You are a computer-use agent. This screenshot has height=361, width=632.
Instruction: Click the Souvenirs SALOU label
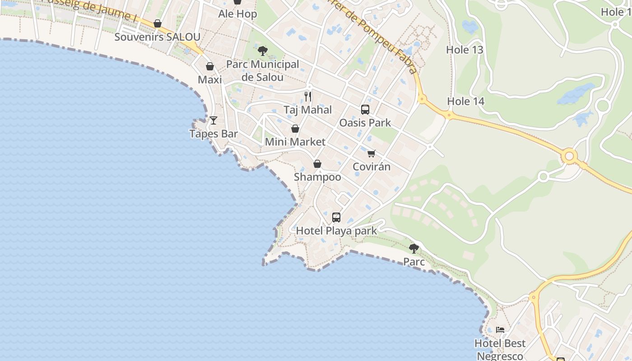(x=157, y=37)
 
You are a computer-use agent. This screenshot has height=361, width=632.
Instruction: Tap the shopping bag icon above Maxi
(x=210, y=67)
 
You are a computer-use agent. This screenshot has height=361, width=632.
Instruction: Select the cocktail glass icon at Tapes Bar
(x=214, y=120)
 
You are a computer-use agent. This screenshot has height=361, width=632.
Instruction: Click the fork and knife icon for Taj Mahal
(x=308, y=96)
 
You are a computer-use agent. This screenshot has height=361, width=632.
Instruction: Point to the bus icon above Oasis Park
(x=365, y=110)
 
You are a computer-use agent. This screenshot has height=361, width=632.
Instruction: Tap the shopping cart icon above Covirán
(x=372, y=153)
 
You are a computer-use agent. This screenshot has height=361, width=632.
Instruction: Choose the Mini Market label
(x=295, y=142)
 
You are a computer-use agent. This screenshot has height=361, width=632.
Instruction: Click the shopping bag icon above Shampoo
(x=317, y=164)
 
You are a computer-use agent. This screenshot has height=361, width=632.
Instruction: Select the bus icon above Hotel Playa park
(x=336, y=218)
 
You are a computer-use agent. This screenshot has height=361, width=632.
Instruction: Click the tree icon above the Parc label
(x=414, y=249)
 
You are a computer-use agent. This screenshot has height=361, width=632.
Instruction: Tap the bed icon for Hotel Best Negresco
(x=500, y=330)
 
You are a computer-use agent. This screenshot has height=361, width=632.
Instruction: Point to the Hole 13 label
(x=465, y=50)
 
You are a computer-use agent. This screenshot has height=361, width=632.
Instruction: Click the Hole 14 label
(x=466, y=102)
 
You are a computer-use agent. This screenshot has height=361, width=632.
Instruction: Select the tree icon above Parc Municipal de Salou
(x=262, y=51)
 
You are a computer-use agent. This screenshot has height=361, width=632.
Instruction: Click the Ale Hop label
(x=237, y=14)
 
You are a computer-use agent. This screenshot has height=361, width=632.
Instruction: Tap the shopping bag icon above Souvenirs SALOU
(x=158, y=23)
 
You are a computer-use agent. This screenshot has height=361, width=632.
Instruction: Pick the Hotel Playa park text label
(x=336, y=231)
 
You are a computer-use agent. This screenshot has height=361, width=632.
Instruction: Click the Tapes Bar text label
(x=214, y=134)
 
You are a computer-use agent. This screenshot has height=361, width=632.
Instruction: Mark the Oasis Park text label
(x=365, y=123)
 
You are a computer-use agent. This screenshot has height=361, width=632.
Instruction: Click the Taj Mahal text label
(x=308, y=110)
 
